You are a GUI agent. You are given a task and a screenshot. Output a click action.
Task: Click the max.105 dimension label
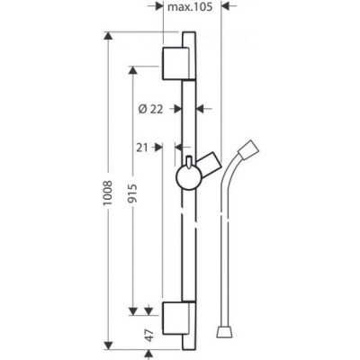click(x=190, y=7)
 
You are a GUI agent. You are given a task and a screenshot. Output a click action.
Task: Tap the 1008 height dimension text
click(x=107, y=193)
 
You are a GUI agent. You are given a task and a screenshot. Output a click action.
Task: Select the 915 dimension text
click(x=132, y=193)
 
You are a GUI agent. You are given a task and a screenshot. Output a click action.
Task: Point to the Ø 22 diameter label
click(x=150, y=109)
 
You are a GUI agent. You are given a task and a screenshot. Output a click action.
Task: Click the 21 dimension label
click(x=142, y=148)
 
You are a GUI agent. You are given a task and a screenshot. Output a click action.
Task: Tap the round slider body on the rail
click(x=188, y=177)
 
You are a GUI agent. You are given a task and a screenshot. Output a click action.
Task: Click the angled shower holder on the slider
click(x=210, y=166)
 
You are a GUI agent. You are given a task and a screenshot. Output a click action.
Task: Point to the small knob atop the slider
click(x=189, y=161)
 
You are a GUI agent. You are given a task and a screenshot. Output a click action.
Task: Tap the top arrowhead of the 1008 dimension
click(x=108, y=36)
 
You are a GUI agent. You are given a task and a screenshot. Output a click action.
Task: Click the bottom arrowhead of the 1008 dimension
click(x=108, y=345)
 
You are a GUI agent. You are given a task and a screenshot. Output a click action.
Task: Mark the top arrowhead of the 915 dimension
click(x=132, y=70)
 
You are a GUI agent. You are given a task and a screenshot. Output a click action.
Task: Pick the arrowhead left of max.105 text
click(x=158, y=6)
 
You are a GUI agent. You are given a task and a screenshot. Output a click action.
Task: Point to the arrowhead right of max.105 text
click(x=225, y=6)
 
